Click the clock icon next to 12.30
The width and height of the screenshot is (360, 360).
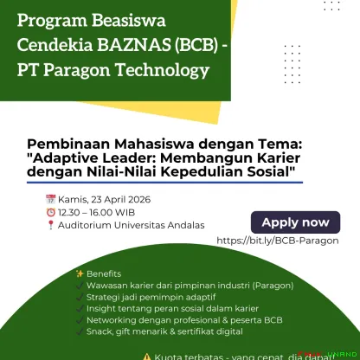point(52,212)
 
